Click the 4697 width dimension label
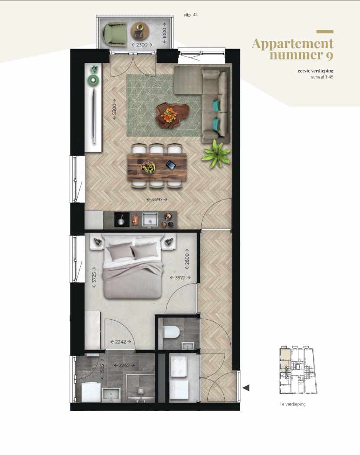click(157, 200)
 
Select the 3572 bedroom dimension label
click(178, 278)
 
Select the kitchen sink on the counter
click(150, 220)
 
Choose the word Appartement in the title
click(292, 44)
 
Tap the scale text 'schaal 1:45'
click(322, 77)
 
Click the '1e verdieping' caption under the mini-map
click(293, 404)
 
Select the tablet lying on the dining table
click(171, 164)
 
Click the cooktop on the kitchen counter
click(121, 220)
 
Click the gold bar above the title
click(325, 32)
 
